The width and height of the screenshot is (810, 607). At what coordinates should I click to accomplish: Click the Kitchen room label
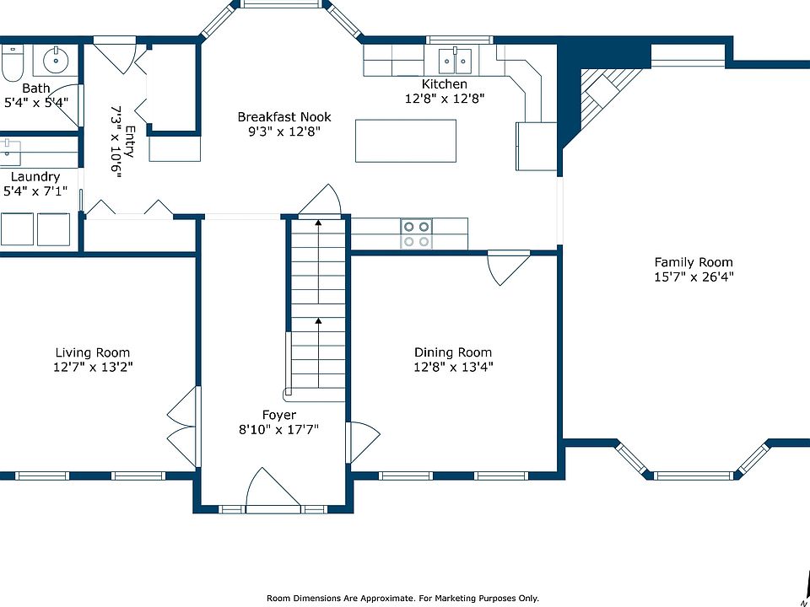click(x=445, y=84)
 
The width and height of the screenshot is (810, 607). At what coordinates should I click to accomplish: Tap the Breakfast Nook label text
click(x=284, y=117)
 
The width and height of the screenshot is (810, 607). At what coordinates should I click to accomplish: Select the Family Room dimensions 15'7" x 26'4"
click(x=694, y=277)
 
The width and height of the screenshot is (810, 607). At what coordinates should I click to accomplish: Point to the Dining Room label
click(x=453, y=352)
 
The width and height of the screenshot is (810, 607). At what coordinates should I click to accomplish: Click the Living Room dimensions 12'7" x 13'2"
click(x=93, y=368)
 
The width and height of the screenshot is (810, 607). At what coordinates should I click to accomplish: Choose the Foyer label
click(x=279, y=415)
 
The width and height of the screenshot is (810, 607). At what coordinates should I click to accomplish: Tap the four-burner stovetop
click(x=416, y=234)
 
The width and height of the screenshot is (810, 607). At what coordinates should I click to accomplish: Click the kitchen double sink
click(x=455, y=61)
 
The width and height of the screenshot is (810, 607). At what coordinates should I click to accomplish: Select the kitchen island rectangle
click(x=406, y=141)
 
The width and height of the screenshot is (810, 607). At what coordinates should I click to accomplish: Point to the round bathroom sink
click(x=55, y=61)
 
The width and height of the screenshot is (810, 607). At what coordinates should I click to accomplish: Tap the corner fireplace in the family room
click(x=604, y=95)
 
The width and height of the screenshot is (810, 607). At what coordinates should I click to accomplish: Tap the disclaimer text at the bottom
click(x=402, y=599)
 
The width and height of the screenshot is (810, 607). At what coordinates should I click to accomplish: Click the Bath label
click(x=36, y=89)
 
